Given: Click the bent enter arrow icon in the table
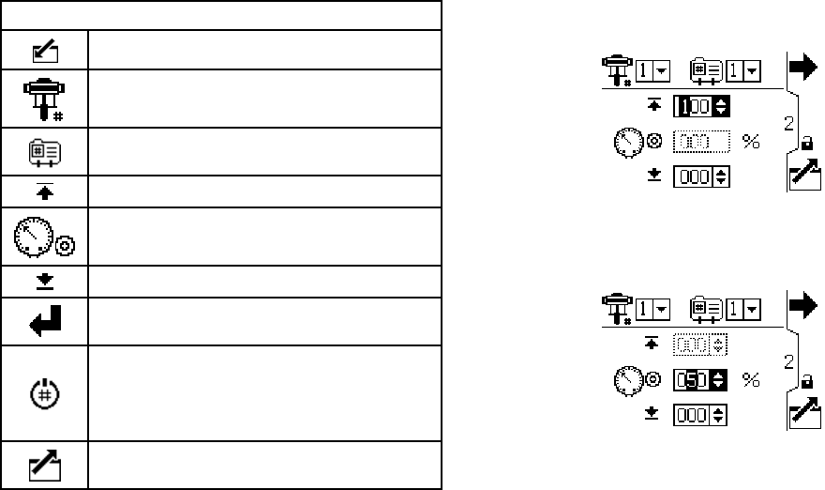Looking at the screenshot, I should coord(44,322).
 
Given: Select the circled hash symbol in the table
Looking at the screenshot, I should coord(44,394).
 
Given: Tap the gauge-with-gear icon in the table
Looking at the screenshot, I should coord(44,237).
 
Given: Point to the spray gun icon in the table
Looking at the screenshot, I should coord(44,99).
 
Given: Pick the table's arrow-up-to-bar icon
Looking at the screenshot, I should coord(44,191).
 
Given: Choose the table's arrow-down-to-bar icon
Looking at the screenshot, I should coord(44,282).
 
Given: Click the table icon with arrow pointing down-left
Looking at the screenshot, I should coord(44,49).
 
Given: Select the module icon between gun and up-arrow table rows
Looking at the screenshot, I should coord(44,152).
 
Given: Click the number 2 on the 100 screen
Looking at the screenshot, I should coord(789,122).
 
